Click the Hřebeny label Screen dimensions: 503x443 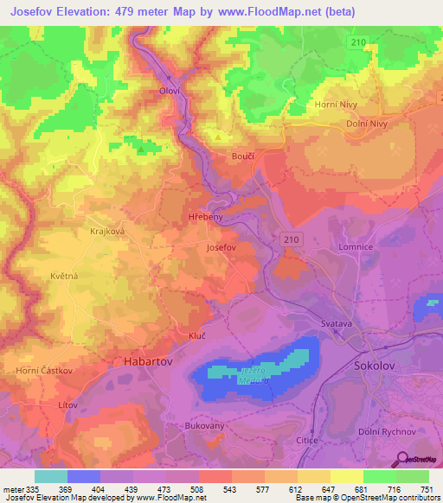point(206,217)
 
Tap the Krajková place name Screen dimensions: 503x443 point(108,232)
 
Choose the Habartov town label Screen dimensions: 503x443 point(144,364)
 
